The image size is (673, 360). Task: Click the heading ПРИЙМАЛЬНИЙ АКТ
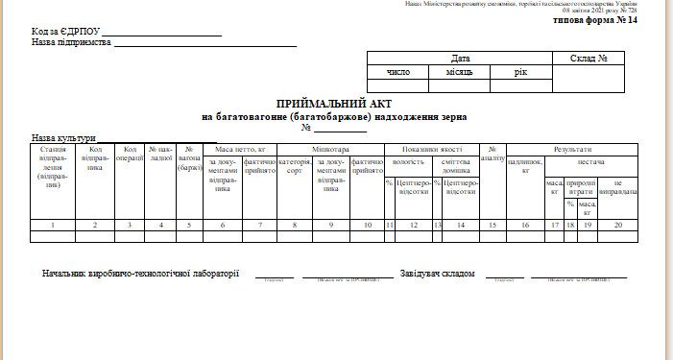click(333, 103)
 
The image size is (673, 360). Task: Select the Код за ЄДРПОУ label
click(64, 32)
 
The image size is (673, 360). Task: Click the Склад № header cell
click(589, 59)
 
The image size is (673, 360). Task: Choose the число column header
click(397, 72)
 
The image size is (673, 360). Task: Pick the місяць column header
click(459, 72)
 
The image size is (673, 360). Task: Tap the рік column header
click(520, 72)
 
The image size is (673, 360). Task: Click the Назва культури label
click(63, 138)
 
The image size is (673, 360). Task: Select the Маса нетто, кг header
click(240, 150)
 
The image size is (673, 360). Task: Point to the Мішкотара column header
click(331, 150)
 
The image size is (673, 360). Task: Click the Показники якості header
click(432, 150)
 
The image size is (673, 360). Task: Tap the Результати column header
click(572, 150)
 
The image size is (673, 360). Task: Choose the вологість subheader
click(409, 162)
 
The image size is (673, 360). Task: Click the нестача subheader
click(591, 162)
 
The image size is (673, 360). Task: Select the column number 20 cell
click(617, 225)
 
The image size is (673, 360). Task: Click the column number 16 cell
click(525, 225)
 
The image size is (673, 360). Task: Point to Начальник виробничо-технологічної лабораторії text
click(140, 275)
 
